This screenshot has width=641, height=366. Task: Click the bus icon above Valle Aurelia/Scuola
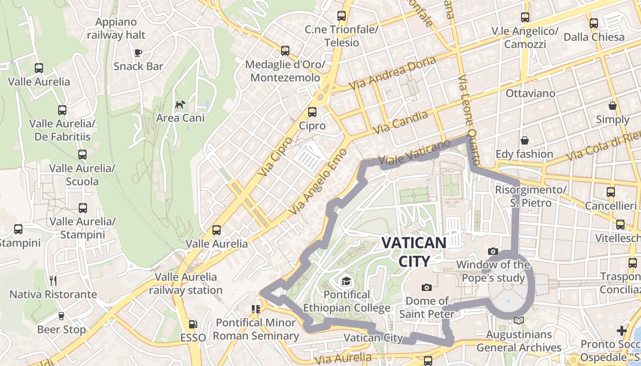pos(82,155)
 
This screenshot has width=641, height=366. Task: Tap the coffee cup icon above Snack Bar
pos(138,53)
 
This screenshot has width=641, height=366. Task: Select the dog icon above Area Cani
pos(180,104)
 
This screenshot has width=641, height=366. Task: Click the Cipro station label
pos(312,126)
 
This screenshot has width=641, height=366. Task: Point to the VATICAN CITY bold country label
pos(414,252)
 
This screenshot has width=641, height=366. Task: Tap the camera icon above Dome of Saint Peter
pos(427,287)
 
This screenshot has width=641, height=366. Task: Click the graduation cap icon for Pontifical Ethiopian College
pos(346,280)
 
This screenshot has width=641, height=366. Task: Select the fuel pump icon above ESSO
pos(193,324)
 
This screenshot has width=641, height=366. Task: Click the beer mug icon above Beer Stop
pos(61,316)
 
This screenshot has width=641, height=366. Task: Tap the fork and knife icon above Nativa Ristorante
pos(53,280)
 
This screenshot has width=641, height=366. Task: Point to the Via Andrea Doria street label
pos(392,74)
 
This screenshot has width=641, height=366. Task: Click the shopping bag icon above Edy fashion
pos(524,140)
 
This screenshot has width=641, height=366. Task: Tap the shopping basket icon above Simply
pos(613,106)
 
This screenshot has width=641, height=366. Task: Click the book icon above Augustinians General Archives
pos(519,321)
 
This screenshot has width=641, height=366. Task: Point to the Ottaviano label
pos(530,93)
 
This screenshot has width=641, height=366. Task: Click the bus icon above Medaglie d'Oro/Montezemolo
pos(285,51)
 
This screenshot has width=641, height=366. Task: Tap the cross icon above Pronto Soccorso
pos(621,330)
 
